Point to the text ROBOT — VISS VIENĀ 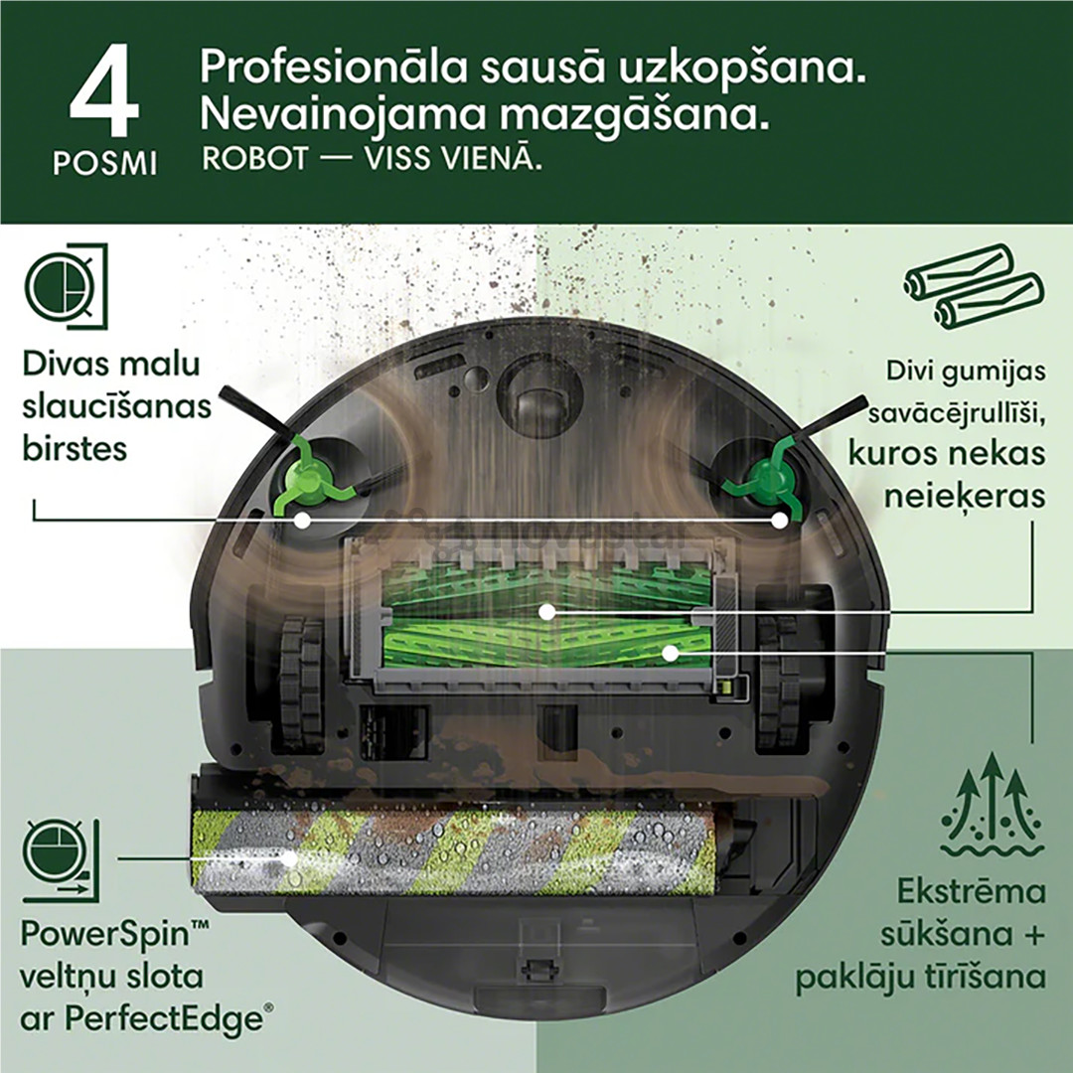373,159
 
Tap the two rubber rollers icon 973,286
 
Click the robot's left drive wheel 299,681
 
